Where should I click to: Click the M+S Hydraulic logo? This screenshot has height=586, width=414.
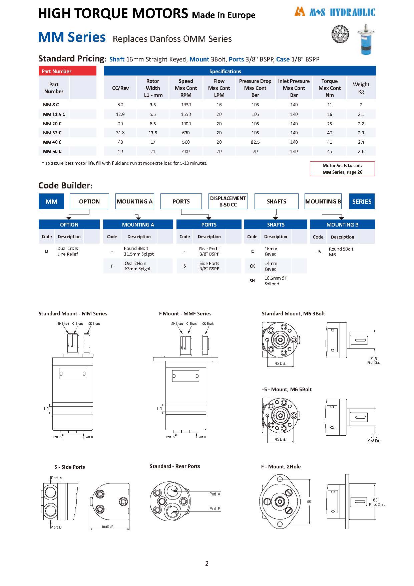[335, 12]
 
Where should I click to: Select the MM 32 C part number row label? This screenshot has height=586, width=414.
[52, 133]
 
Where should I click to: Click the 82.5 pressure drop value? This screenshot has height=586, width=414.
[255, 142]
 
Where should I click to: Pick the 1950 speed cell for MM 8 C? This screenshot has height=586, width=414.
[186, 105]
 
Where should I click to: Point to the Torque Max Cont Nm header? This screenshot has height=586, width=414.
[330, 88]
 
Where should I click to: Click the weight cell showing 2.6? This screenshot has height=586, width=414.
[361, 151]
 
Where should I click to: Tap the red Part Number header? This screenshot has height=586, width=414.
[67, 71]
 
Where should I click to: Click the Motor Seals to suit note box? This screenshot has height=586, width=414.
[342, 169]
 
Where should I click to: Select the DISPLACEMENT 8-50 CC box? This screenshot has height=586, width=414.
[228, 201]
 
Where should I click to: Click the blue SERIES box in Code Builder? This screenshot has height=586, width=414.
[362, 201]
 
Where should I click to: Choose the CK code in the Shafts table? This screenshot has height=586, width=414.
[252, 266]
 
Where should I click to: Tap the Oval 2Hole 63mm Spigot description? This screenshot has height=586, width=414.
[137, 266]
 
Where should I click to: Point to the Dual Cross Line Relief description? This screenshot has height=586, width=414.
[68, 251]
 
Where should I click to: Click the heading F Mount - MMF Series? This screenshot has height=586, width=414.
[185, 313]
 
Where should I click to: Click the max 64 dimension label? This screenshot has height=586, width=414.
[108, 527]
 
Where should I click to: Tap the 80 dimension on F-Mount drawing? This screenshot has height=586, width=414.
[309, 501]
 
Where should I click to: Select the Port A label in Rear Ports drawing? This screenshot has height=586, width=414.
[215, 494]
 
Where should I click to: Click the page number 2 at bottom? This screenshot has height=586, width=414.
[207, 564]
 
